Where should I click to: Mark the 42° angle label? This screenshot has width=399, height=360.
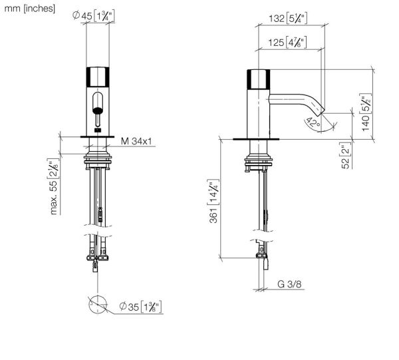point(312,123)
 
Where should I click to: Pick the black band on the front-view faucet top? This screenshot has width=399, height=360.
point(97,77)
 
